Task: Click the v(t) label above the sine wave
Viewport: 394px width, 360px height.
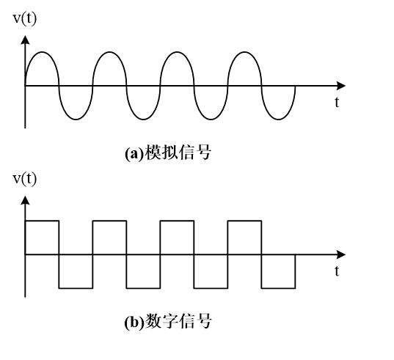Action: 25,19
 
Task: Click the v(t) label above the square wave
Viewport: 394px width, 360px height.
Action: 25,179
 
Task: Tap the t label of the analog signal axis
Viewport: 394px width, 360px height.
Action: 337,103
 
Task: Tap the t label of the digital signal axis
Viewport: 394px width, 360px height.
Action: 337,271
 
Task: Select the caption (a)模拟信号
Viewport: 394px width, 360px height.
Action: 168,153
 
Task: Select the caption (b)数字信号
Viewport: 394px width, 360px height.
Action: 168,321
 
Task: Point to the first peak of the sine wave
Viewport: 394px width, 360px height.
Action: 42,52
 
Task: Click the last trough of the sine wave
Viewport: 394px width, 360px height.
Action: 278,120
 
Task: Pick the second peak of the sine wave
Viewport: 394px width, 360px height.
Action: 109,52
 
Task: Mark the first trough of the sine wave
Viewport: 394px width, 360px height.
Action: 76,120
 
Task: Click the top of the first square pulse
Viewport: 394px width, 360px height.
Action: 42,221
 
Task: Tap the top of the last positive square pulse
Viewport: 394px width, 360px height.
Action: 244,221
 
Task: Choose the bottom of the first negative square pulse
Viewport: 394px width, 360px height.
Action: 76,288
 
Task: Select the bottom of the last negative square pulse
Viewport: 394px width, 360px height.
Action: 278,288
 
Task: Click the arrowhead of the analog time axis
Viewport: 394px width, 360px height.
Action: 341,86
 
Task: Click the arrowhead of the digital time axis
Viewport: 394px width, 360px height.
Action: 341,254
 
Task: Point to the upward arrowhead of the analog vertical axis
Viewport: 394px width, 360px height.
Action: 25,40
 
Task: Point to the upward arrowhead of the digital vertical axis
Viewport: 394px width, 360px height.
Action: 25,201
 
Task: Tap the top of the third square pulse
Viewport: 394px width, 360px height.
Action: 177,221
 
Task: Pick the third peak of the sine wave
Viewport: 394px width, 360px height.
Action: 177,52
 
